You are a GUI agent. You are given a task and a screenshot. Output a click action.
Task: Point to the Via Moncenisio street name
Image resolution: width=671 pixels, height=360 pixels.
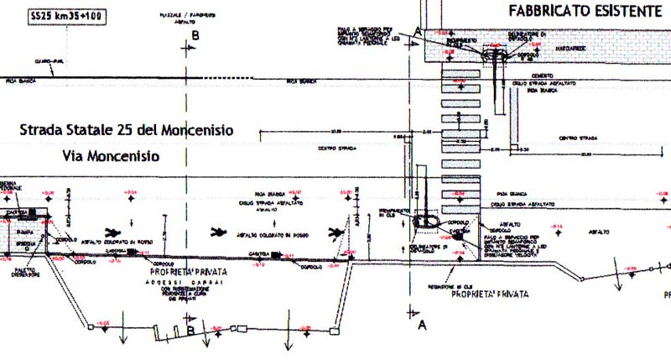110,156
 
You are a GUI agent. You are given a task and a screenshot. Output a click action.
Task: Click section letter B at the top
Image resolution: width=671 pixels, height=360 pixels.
195,35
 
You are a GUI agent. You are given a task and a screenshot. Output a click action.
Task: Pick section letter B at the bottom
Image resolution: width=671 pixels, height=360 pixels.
192,331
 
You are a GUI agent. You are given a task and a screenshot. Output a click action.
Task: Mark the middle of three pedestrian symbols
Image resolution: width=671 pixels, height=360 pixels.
220,231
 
